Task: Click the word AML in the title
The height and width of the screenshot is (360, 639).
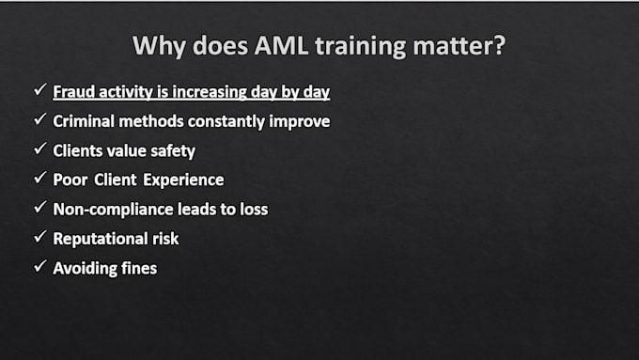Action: coord(281,45)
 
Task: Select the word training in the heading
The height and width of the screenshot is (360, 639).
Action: coord(360,46)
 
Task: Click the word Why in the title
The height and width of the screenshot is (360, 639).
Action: coord(159,46)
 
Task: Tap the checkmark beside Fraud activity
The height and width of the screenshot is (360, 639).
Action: coord(39,89)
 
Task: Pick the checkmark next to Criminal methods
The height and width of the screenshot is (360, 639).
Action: coord(39,119)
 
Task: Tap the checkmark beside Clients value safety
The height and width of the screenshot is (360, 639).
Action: coord(39,149)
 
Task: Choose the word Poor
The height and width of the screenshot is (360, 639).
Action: coord(70,180)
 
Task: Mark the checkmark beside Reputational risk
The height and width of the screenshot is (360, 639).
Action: coord(39,237)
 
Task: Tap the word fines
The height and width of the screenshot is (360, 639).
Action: coord(139,268)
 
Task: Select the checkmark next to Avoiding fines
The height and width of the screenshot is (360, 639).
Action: coord(39,266)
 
